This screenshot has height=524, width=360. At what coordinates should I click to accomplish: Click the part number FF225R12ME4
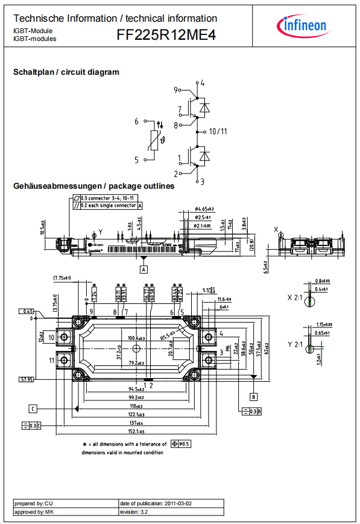tap(166, 36)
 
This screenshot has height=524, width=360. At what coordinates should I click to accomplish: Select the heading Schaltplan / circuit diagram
tap(66, 72)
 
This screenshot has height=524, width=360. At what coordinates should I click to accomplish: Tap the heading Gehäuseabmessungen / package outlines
tap(94, 186)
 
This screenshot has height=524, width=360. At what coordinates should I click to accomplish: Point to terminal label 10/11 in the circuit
tap(218, 131)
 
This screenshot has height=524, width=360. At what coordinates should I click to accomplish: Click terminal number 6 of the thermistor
tap(137, 121)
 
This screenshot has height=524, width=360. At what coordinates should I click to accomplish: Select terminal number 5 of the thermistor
tap(137, 160)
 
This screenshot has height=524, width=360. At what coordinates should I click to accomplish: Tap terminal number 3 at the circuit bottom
tap(203, 181)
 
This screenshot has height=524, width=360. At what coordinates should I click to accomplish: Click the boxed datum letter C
tap(33, 408)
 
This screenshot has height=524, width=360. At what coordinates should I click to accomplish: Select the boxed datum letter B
tap(254, 396)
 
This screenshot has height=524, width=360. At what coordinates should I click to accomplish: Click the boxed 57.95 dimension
tap(26, 379)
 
